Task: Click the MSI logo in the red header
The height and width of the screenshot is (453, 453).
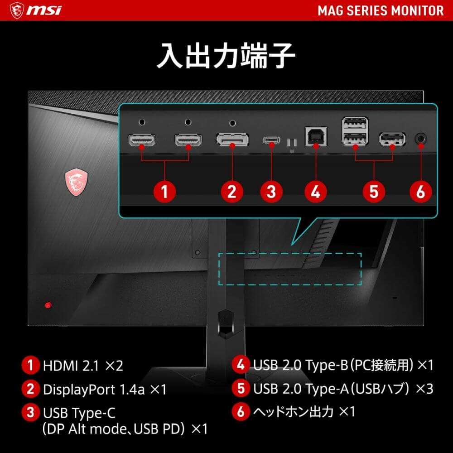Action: [x=35, y=10]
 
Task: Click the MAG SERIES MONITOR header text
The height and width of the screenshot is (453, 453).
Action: [x=381, y=11]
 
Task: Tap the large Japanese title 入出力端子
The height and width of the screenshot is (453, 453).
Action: [x=226, y=55]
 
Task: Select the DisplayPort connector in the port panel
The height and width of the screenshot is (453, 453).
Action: [x=232, y=139]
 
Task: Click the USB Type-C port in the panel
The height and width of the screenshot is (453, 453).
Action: [x=271, y=140]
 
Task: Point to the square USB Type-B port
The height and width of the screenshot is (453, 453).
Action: [x=316, y=136]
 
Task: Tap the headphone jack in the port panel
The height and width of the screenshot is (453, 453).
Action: [x=421, y=139]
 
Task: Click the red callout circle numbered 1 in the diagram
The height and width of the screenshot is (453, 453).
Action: [x=164, y=191]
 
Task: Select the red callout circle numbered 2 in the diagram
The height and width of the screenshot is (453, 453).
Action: [x=232, y=191]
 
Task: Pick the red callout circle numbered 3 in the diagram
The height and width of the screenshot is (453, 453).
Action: [x=271, y=191]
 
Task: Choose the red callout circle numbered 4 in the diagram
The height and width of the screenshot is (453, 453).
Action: [x=316, y=191]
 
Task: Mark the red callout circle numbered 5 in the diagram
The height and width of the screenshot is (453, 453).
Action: [x=374, y=191]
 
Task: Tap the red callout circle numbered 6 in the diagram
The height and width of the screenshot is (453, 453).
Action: [x=421, y=191]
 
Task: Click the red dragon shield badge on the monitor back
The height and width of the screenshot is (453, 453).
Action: [x=76, y=183]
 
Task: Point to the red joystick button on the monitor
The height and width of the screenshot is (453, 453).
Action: [x=48, y=305]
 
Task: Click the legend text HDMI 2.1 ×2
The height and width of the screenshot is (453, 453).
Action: [x=83, y=366]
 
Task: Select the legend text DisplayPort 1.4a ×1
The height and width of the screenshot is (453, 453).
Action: [x=105, y=390]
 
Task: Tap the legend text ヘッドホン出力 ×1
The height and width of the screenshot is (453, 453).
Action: [x=304, y=411]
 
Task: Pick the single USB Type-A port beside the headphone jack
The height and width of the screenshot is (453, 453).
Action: [x=392, y=139]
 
